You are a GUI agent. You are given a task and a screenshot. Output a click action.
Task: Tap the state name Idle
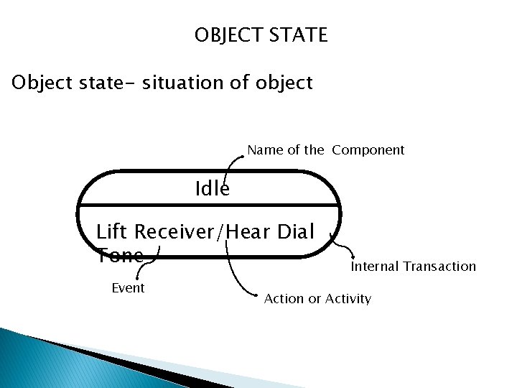[x=213, y=189]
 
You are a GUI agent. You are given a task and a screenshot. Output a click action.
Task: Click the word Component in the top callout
[x=368, y=150]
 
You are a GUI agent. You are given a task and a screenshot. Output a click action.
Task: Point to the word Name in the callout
[x=264, y=150]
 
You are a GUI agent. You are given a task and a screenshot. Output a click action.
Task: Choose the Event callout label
[x=129, y=288]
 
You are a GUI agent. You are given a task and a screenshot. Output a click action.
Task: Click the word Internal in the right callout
[x=375, y=267]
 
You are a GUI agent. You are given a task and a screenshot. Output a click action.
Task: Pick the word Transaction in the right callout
[x=439, y=267]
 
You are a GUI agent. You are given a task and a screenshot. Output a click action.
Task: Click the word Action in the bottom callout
[x=284, y=298]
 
